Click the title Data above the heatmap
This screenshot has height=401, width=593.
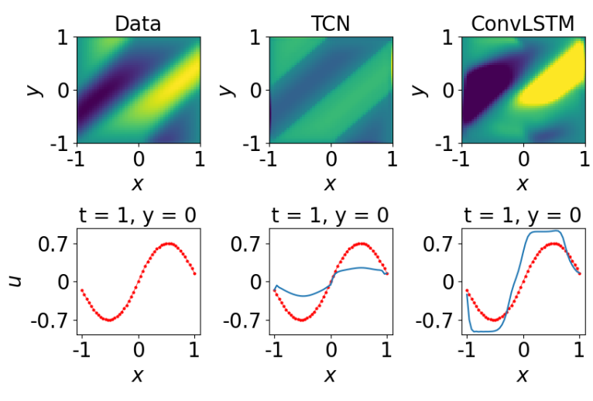pos(138,23)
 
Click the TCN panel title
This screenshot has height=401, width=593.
pos(330,23)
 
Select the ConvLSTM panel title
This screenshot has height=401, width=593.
pos(523,23)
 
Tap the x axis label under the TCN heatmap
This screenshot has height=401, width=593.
pos(330,183)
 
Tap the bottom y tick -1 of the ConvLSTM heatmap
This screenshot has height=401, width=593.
pos(444,144)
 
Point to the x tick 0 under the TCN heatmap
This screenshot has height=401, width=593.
pos(331,160)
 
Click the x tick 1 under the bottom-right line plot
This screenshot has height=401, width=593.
pos(579,350)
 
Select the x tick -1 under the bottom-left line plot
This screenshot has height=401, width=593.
pos(79,350)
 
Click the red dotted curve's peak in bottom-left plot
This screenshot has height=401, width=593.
pos(168,244)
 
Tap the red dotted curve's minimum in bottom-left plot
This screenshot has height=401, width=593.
pos(110,319)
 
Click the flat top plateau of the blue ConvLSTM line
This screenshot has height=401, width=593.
pos(542,231)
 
